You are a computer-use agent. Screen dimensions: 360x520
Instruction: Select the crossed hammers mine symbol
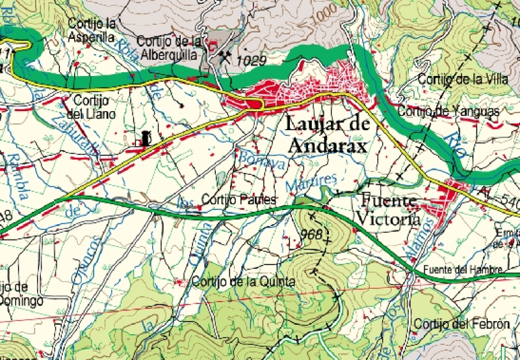(x=225, y=57)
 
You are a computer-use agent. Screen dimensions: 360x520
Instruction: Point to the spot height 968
(x=312, y=234)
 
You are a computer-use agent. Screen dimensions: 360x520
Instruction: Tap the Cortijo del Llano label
(x=94, y=107)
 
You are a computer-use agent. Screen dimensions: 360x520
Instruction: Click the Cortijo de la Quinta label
(x=244, y=282)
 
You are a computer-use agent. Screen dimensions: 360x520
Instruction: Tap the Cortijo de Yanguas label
(x=448, y=112)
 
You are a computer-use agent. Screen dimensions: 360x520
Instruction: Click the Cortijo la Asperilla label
(x=92, y=31)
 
